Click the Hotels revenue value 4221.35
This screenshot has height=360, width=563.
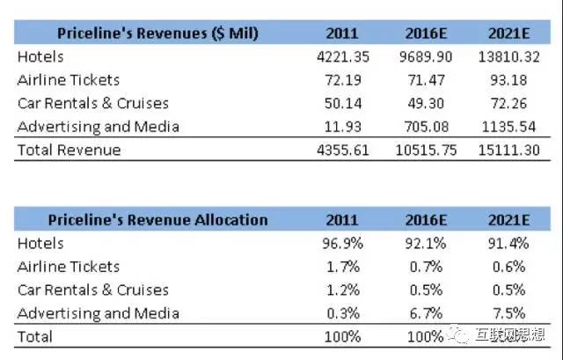coord(340,56)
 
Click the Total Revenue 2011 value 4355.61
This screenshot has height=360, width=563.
coord(340,150)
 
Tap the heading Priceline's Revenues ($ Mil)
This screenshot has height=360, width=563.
coord(157,33)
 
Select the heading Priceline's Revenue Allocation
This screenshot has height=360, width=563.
coord(157,219)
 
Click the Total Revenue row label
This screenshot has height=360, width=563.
coord(69,150)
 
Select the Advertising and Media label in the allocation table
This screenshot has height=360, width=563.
coord(99,313)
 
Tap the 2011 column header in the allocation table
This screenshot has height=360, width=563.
coord(341,219)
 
